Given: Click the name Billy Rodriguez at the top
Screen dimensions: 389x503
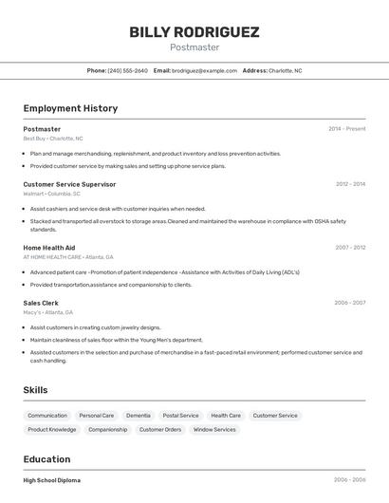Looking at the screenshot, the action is click(194, 32).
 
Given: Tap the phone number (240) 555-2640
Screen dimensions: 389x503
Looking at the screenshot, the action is click(127, 70).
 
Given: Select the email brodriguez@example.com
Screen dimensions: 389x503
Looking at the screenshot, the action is click(204, 70).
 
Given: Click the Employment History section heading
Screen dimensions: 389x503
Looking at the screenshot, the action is click(70, 108).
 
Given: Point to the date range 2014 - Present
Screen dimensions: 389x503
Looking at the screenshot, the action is click(346, 129).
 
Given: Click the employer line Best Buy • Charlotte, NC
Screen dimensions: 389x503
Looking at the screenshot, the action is click(53, 139).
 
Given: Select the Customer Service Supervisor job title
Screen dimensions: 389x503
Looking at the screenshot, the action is click(69, 184).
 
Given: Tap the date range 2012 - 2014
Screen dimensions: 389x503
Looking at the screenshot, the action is click(350, 184).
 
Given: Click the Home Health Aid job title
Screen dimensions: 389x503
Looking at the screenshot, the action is click(49, 248).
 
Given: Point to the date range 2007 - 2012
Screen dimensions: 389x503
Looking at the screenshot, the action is click(350, 248).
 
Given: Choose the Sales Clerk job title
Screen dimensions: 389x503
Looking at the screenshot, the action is click(41, 303).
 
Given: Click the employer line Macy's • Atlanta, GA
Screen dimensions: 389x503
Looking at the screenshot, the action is click(48, 312).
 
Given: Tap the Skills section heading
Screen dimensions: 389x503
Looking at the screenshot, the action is click(35, 390).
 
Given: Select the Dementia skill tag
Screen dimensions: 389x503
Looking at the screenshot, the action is click(139, 416).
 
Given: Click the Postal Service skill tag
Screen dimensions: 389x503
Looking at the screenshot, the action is click(180, 416).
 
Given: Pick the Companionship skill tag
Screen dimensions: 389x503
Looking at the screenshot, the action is click(107, 430).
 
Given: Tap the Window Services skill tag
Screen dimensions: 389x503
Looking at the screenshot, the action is click(214, 430).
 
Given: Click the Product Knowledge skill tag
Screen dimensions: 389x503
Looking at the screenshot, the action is click(52, 430).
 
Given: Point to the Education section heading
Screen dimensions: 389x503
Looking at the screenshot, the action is click(46, 459).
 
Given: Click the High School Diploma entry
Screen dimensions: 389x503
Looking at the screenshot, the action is click(52, 480).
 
